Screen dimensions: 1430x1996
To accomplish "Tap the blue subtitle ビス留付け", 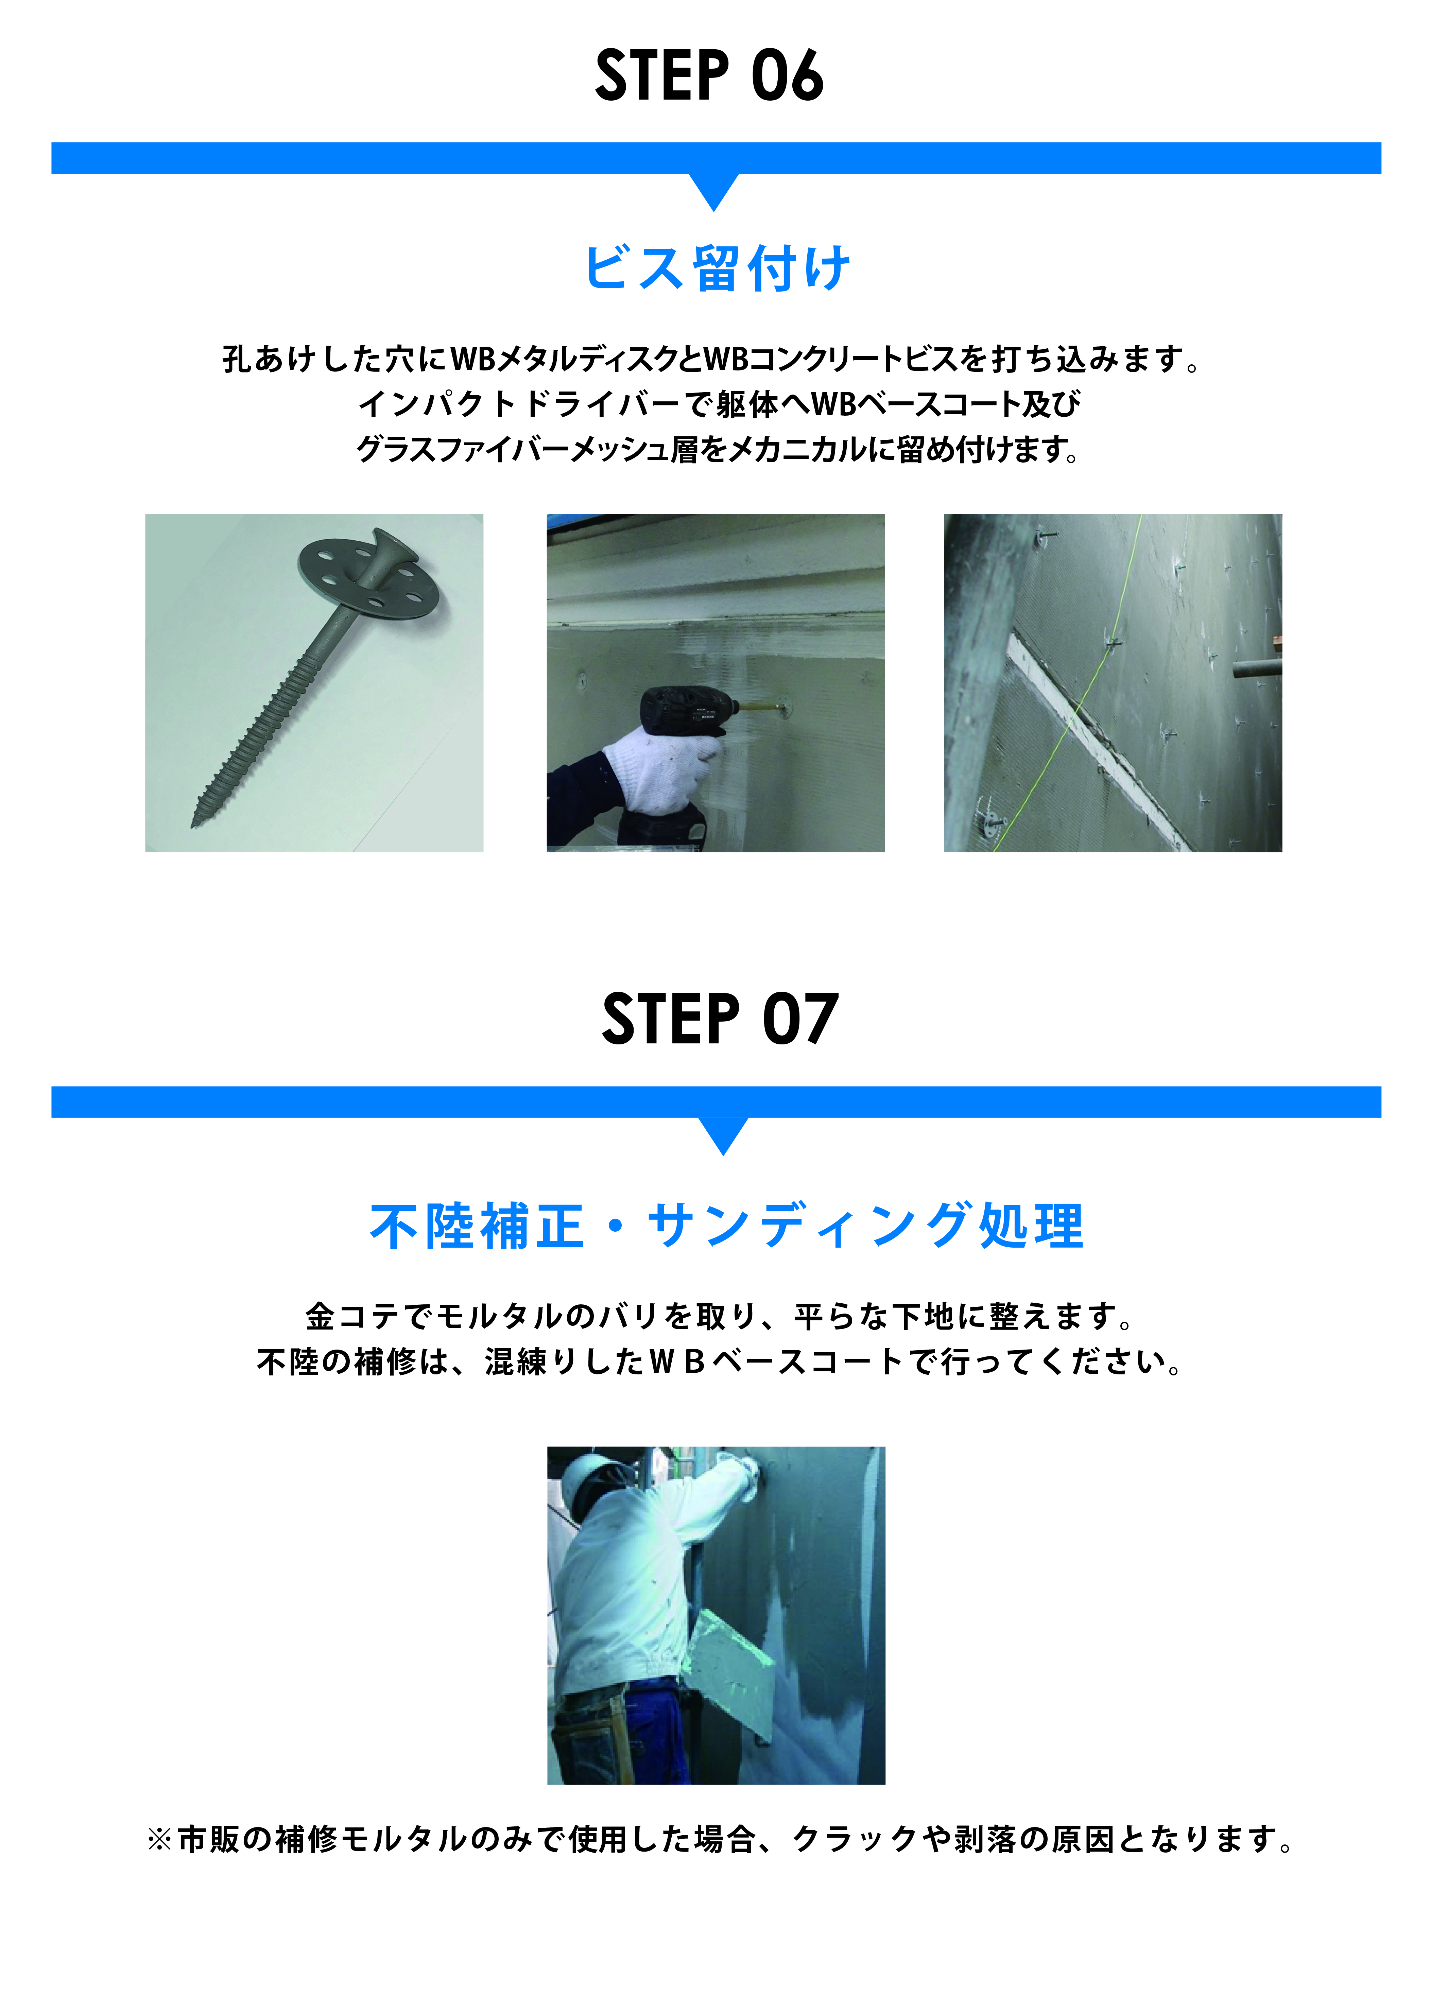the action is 716,267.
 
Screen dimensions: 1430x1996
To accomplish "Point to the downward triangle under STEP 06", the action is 714,190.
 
